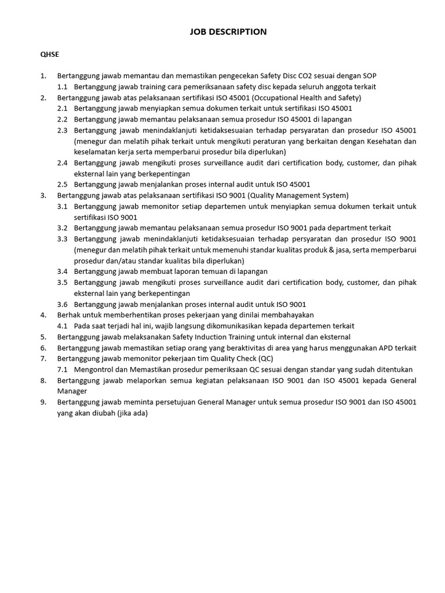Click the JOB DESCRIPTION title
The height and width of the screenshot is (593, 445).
228,32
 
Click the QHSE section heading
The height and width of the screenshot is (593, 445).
49,54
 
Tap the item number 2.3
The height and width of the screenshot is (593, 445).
63,130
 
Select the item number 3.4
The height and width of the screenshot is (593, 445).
63,272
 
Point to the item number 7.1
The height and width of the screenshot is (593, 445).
63,369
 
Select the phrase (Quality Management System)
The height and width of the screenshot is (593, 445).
298,196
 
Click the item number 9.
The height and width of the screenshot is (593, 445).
43,402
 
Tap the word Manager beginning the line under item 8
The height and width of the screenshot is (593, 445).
72,391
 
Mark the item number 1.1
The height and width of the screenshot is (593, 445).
63,87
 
